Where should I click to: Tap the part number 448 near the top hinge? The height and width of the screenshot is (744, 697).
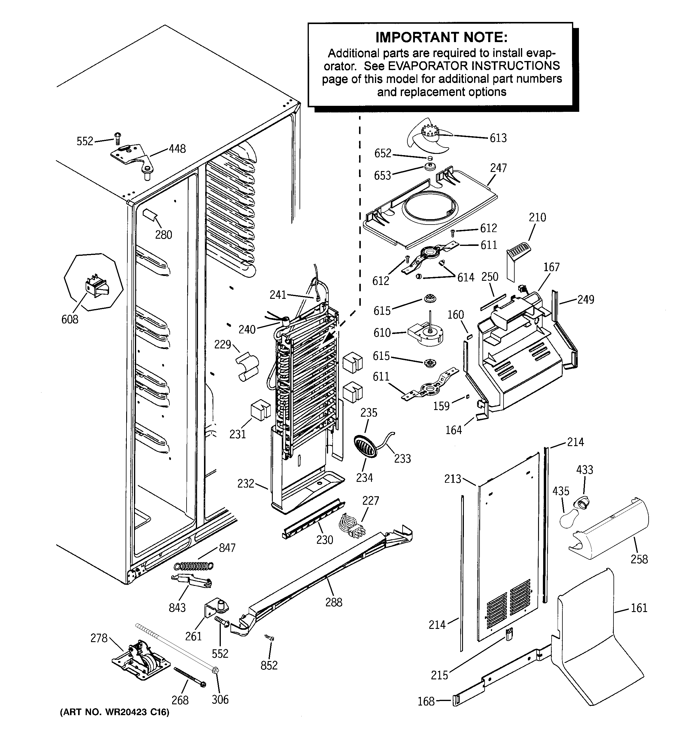(x=177, y=149)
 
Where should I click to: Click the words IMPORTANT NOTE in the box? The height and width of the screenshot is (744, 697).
(x=441, y=37)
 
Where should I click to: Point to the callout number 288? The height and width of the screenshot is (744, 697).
(x=333, y=602)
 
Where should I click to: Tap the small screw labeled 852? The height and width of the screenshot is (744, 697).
(x=269, y=637)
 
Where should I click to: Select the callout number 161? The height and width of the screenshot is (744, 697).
(x=639, y=608)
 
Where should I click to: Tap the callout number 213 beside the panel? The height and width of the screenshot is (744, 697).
(x=452, y=479)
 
